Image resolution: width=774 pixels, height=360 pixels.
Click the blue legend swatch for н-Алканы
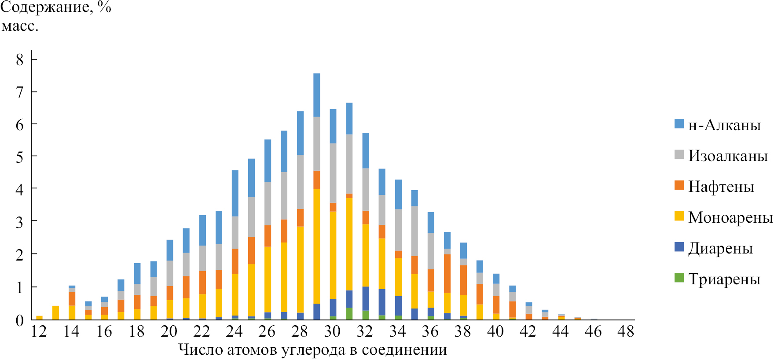(679, 124)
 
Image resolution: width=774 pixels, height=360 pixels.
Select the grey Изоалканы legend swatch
(679, 154)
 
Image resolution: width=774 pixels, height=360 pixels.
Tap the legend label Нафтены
(721, 187)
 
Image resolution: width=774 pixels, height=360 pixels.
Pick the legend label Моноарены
(730, 217)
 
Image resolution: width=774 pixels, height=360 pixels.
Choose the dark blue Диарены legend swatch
(679, 247)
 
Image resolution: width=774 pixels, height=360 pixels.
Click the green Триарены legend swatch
(679, 278)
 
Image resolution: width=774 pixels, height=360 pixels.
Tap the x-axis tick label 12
(39, 331)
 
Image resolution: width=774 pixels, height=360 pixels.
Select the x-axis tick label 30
(332, 331)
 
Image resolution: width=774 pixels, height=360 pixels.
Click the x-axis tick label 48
(626, 331)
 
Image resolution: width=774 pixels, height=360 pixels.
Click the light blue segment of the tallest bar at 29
(316, 95)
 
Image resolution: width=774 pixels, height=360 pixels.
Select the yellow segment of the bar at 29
(316, 246)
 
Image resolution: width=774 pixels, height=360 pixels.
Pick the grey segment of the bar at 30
(333, 173)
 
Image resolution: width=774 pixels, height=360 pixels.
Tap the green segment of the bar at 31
(349, 313)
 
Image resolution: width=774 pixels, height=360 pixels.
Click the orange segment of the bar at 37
(447, 273)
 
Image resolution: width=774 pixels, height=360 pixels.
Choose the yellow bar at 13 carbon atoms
(55, 312)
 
